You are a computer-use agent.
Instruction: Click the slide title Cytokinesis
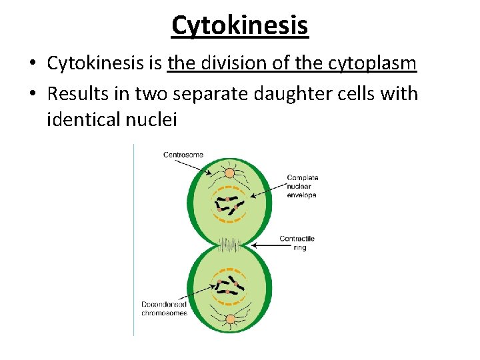pyautogui.click(x=239, y=25)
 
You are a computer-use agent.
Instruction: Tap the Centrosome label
pyautogui.click(x=183, y=155)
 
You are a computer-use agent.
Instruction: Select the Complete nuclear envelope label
pyautogui.click(x=302, y=187)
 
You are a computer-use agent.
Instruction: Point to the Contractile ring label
pyautogui.click(x=297, y=243)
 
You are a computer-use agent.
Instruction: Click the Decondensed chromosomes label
pyautogui.click(x=164, y=309)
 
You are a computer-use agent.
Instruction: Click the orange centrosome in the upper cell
pyautogui.click(x=229, y=173)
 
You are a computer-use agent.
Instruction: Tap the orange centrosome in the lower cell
pyautogui.click(x=230, y=319)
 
